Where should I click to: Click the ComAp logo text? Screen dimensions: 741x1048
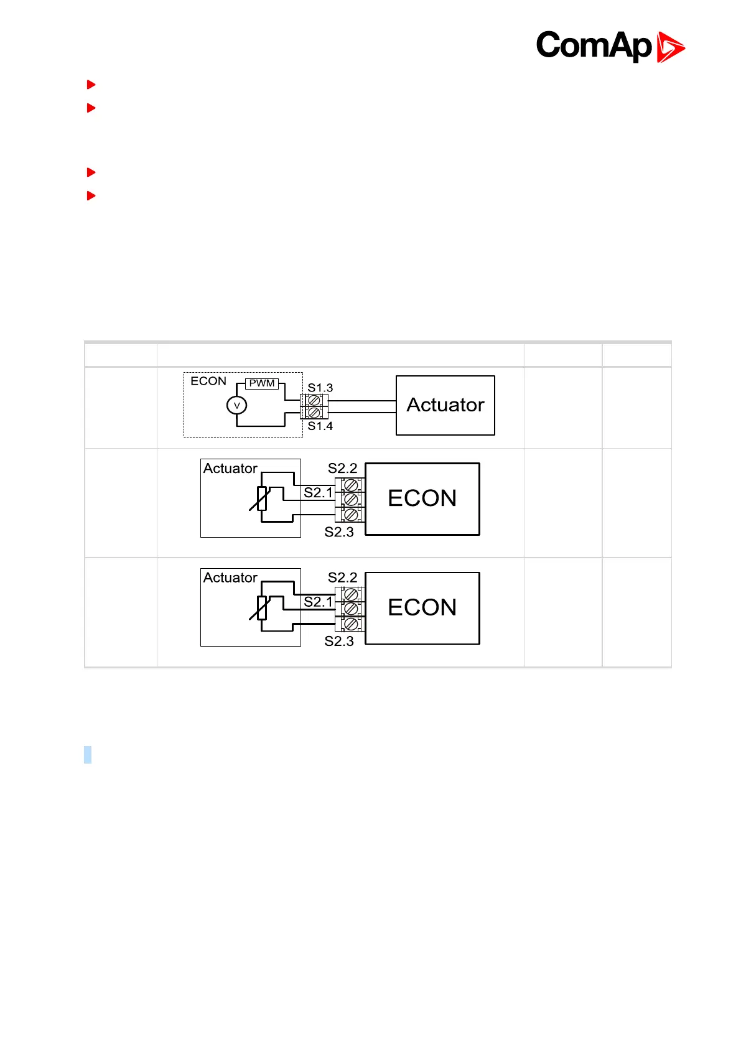[x=594, y=46]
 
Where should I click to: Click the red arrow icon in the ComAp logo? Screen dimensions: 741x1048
[x=670, y=47]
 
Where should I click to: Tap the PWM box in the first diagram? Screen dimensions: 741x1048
[x=262, y=383]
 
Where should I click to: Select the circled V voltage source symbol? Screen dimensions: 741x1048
[x=236, y=406]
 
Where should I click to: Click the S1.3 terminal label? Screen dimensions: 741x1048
[x=320, y=388]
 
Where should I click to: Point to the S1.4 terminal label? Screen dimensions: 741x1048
[x=320, y=426]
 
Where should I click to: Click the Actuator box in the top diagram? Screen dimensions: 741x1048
[x=445, y=405]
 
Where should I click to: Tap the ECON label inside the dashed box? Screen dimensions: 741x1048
[x=208, y=381]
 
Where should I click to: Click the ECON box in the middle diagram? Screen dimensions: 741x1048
[x=422, y=498]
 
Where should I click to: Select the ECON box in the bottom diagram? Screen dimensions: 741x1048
[x=422, y=607]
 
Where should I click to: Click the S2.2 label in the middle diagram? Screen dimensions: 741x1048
[x=343, y=468]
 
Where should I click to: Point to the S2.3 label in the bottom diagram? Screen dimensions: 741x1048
[x=339, y=641]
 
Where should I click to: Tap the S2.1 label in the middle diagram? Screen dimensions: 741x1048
[x=319, y=493]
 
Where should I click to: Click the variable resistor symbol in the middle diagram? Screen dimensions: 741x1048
[x=262, y=498]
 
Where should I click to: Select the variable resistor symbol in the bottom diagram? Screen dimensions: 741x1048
[x=262, y=608]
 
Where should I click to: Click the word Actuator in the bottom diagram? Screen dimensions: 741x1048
[x=230, y=578]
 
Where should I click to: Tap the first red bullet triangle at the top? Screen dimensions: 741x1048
[x=91, y=84]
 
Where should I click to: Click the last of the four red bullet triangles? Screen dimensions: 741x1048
[x=91, y=195]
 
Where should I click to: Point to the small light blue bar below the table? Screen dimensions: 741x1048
[x=88, y=754]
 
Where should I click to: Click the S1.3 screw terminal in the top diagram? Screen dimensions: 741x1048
[x=314, y=400]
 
